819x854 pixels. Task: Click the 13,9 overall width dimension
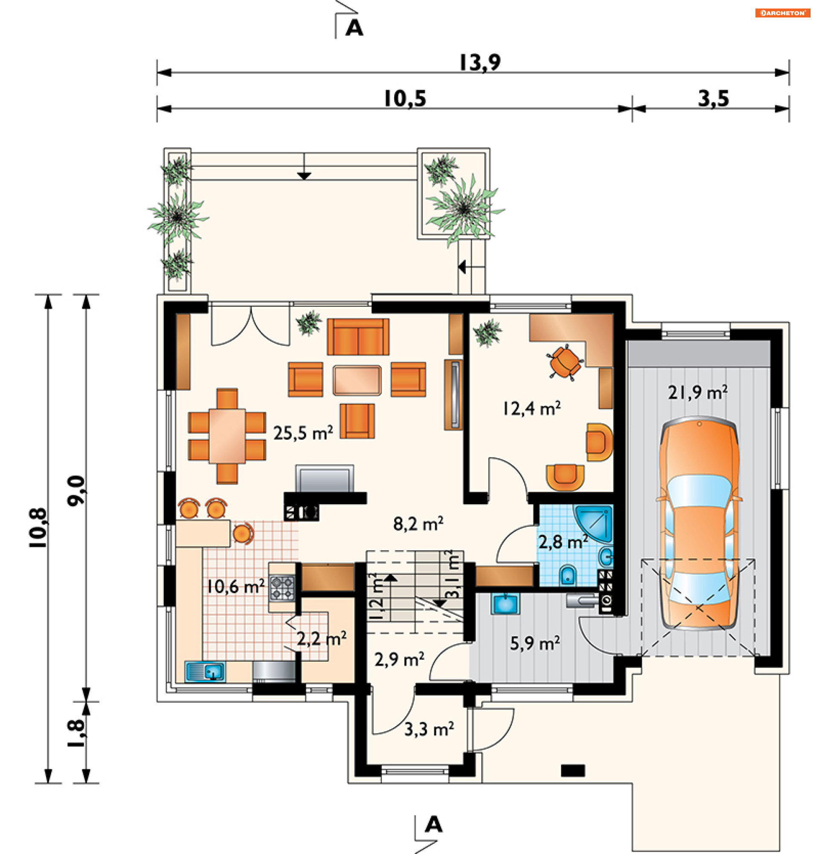tap(480, 62)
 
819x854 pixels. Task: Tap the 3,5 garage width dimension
tap(713, 98)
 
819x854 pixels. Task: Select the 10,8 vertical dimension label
tap(38, 528)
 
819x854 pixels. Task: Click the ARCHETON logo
tap(782, 13)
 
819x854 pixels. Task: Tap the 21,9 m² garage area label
tap(697, 392)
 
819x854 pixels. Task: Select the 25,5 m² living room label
tap(303, 433)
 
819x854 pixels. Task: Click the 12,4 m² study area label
tap(531, 408)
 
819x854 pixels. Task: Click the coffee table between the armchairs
tap(357, 380)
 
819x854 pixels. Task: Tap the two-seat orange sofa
tap(358, 337)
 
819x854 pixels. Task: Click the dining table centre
tap(227, 435)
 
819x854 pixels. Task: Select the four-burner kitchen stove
tap(282, 587)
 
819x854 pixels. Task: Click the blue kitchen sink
tap(205, 671)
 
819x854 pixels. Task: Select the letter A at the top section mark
tap(354, 28)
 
